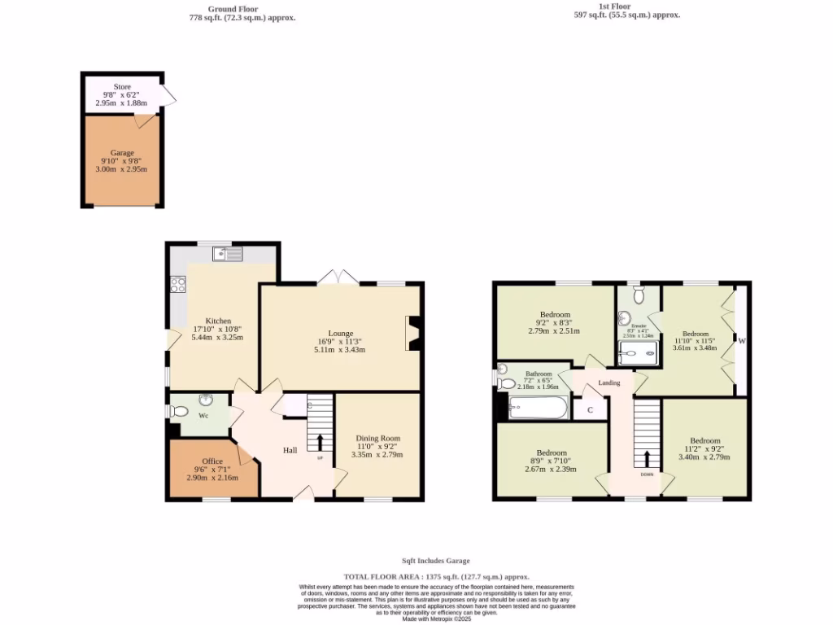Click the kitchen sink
[x=228, y=255]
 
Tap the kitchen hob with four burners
[x=177, y=285]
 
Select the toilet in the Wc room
[x=180, y=411]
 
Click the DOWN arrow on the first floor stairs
[x=647, y=459]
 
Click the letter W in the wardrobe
[x=741, y=341]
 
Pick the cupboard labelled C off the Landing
[x=590, y=410]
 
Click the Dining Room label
[x=378, y=438]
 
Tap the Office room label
[x=213, y=461]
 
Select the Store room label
[x=122, y=86]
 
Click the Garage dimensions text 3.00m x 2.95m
[x=122, y=169]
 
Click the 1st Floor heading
[x=615, y=7]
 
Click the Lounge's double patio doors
[x=338, y=278]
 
